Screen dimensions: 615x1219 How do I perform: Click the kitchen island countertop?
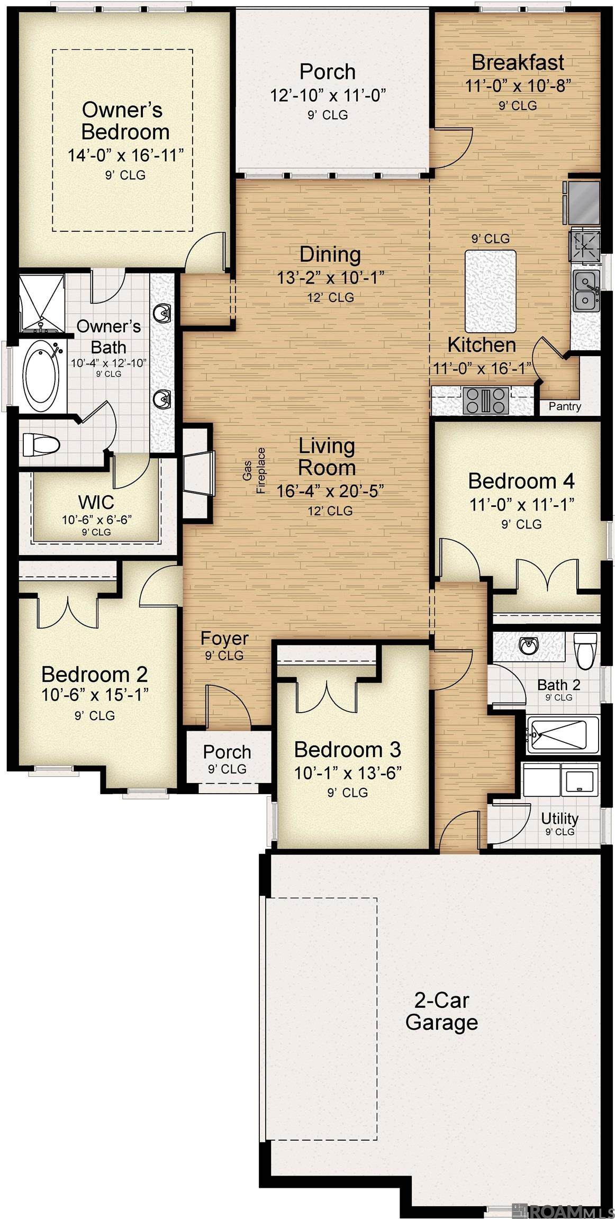point(490,291)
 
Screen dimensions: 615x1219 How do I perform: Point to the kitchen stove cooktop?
point(485,400)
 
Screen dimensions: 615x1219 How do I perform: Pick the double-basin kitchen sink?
point(586,291)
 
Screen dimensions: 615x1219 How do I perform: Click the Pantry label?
point(565,406)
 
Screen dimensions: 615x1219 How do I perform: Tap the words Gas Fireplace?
point(254,470)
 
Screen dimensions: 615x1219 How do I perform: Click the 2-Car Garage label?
point(442,1011)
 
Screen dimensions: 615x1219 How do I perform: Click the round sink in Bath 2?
point(528,645)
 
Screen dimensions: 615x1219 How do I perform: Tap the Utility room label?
point(559,818)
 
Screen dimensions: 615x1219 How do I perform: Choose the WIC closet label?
point(96,502)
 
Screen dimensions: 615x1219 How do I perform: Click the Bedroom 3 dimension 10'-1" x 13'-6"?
point(348,773)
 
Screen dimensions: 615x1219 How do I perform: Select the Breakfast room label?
point(518,62)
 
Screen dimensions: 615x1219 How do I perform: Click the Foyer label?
point(224,639)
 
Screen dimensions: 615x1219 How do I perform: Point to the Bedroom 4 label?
point(521,481)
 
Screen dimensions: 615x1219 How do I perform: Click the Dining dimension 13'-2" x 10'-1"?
point(330,278)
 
